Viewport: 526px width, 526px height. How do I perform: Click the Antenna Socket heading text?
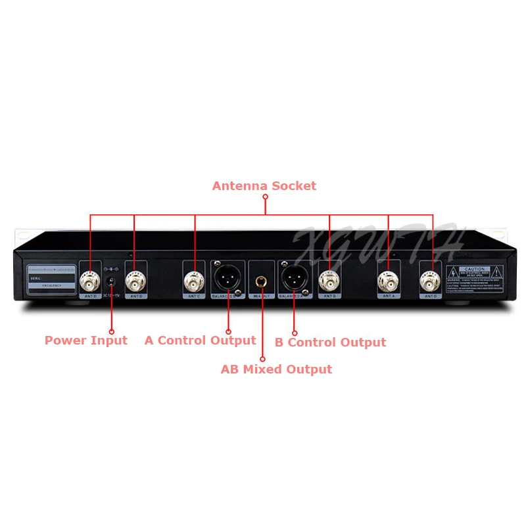pos(264,186)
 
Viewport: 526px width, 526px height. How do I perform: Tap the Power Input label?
pos(85,341)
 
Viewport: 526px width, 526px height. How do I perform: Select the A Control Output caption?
pos(200,341)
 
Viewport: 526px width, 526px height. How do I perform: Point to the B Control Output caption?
pos(330,342)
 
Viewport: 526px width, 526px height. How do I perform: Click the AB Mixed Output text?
pos(276,370)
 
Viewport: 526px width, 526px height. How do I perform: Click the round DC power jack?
pos(111,283)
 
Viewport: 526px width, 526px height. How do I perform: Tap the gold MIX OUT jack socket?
pos(262,281)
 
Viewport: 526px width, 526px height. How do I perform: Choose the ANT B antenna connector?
pos(329,281)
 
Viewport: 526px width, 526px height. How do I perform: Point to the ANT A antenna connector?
pos(389,281)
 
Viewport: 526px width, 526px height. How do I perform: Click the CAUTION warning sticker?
pos(475,276)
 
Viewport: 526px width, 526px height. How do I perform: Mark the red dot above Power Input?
pos(111,331)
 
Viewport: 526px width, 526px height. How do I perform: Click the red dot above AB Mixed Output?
pos(262,359)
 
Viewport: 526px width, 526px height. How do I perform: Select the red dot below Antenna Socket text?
pos(266,196)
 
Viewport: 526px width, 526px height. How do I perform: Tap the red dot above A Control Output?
pos(228,331)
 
